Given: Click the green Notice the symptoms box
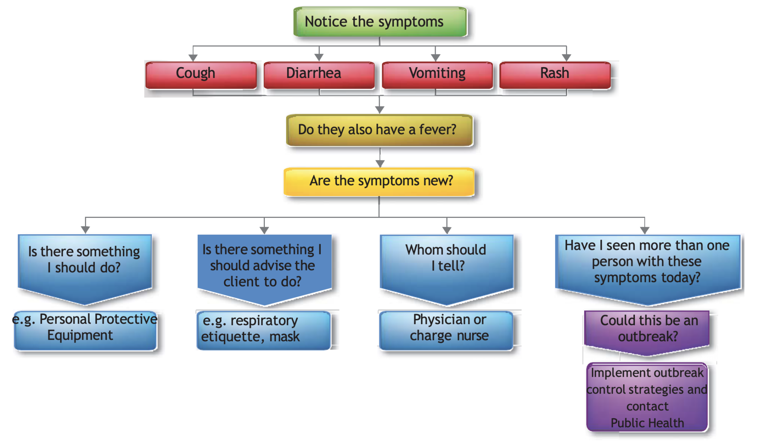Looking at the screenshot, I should [x=380, y=22].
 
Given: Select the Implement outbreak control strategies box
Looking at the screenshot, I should [x=647, y=397].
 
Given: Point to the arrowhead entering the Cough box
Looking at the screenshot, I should [x=193, y=57].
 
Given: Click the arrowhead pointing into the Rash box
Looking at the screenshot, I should [x=566, y=57].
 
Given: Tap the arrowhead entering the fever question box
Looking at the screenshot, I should [x=380, y=110].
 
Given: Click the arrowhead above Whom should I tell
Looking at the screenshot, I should [x=447, y=230].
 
